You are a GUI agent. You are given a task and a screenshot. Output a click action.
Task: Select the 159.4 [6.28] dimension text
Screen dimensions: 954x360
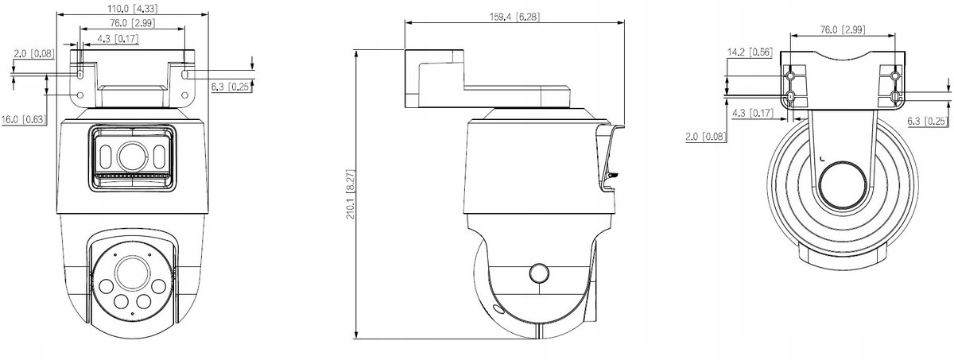pos(514,17)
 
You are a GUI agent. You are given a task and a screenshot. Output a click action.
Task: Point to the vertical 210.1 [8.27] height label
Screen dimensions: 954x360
pos(350,195)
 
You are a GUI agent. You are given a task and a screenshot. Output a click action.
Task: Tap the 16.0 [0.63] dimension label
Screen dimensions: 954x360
pos(23,119)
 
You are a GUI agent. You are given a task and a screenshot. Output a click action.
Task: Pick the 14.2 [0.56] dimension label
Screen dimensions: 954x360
pos(750,52)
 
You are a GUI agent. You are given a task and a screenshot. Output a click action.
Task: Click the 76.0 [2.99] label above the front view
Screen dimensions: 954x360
pos(133,23)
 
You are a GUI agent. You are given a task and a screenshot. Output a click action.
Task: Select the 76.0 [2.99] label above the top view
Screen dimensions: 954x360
pos(843,29)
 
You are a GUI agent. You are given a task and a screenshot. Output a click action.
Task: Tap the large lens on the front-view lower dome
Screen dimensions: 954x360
pos(133,273)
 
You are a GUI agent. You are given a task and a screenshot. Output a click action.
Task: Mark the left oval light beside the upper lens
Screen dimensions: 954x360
pos(105,157)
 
